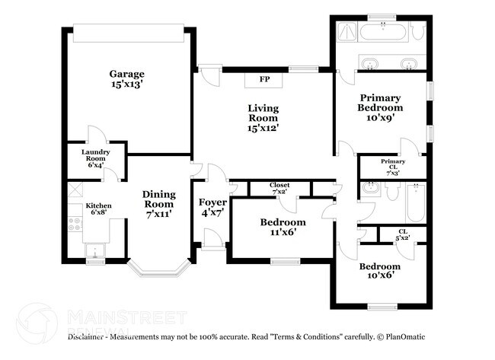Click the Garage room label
pos(126,79)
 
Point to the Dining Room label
pos(159,204)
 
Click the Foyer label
pos(212,208)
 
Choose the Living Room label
pos(263,118)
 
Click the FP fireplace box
pos(264,79)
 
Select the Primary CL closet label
pos(393,165)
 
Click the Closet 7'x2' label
pos(279,188)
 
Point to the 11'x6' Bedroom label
pos(283,227)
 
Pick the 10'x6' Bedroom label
pos(380,271)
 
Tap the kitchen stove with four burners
pos(75,224)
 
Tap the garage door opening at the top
pos(128,33)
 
